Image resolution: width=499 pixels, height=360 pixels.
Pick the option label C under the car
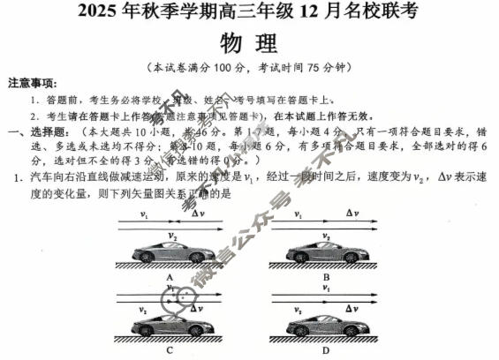tap(168, 352)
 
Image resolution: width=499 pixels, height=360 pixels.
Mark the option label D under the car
tap(326, 352)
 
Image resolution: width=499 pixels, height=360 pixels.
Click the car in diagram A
tap(168, 251)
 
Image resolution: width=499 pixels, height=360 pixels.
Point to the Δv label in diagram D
tap(351, 307)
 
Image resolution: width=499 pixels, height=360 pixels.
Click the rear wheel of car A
tap(143, 257)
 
